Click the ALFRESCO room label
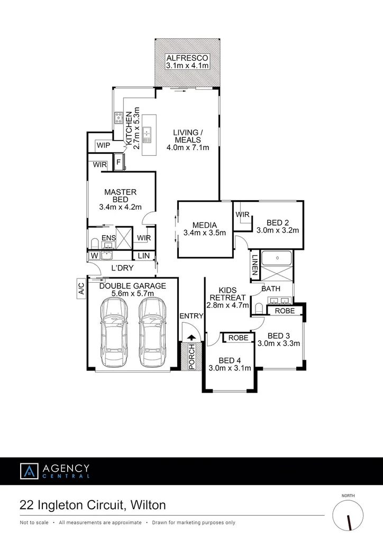pyautogui.click(x=187, y=58)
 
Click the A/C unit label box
pyautogui.click(x=81, y=288)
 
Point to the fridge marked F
pyautogui.click(x=118, y=162)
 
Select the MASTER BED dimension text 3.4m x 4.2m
pyautogui.click(x=120, y=207)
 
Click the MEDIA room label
pyautogui.click(x=204, y=225)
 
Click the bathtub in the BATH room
pyautogui.click(x=277, y=259)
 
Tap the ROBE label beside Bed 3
pyautogui.click(x=285, y=311)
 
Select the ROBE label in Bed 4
pyautogui.click(x=238, y=337)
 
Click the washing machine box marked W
pyautogui.click(x=95, y=256)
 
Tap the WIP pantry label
pyautogui.click(x=103, y=145)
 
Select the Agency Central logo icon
pyautogui.click(x=29, y=471)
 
